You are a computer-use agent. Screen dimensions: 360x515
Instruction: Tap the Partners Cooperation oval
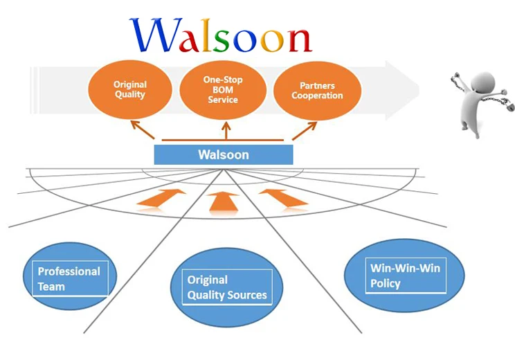click(317, 90)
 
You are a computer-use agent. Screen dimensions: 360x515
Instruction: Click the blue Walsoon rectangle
click(223, 154)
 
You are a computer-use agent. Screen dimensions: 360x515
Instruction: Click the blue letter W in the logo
click(153, 35)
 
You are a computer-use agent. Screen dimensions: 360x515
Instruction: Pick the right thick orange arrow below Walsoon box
click(284, 197)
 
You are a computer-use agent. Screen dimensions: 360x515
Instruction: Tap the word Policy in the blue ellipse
click(385, 283)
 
